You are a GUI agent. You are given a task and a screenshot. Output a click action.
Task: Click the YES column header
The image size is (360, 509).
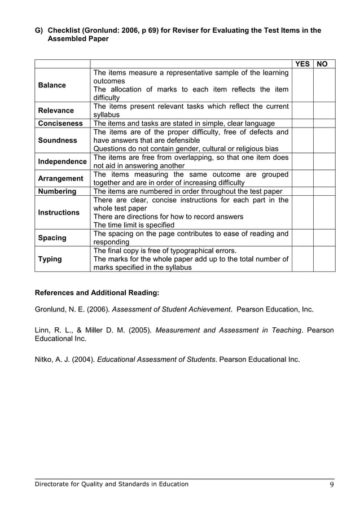[x=302, y=64]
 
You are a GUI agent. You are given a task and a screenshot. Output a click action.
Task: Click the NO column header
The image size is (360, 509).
[x=322, y=64]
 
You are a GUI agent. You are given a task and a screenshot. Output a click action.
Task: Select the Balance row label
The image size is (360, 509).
[x=52, y=85]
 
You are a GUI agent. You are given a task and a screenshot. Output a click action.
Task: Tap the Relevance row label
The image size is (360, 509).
[x=56, y=111]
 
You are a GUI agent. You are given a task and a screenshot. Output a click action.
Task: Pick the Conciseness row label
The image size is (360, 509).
[x=60, y=123]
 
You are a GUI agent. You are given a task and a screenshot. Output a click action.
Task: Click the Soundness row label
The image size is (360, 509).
[x=58, y=140]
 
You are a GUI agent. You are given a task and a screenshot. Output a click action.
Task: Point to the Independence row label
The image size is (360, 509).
[x=62, y=161]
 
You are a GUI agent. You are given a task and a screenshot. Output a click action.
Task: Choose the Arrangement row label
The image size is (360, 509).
[x=60, y=178]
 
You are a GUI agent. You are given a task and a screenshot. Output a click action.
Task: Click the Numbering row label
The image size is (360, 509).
[x=57, y=191]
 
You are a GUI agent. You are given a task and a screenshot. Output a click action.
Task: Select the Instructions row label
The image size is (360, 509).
[x=59, y=212]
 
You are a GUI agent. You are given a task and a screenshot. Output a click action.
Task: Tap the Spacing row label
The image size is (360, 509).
[x=52, y=238]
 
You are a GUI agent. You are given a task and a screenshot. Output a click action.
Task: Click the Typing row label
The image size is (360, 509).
[x=50, y=259]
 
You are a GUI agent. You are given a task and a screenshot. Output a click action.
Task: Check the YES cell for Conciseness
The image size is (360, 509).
[x=302, y=123]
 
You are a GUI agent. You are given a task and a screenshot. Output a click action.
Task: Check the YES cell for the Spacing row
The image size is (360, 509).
[x=302, y=238]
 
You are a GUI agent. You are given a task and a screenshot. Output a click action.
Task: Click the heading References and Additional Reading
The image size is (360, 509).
[x=97, y=293]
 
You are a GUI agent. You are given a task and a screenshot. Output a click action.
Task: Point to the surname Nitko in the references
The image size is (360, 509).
[x=44, y=359]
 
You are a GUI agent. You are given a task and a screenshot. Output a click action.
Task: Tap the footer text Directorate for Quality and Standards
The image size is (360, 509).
[x=112, y=484]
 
